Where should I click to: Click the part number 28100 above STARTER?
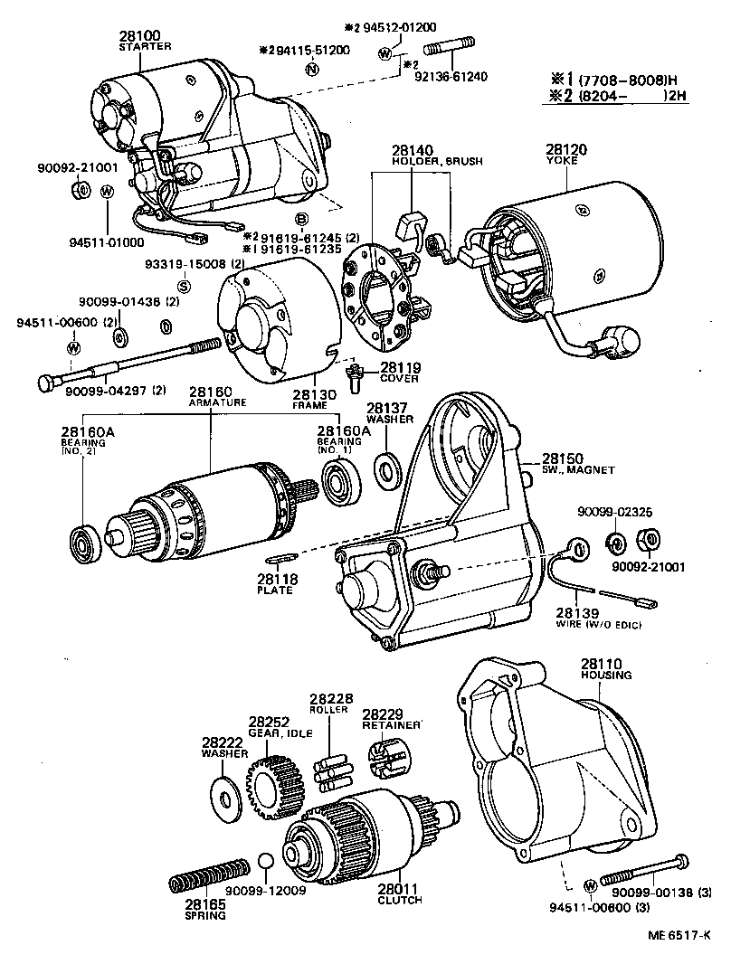(137, 35)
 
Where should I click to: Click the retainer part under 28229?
(386, 753)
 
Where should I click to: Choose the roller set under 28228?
(329, 770)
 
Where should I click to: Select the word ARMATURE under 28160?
(216, 403)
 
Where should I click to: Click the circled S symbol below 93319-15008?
(184, 286)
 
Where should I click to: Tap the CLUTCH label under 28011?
(399, 900)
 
